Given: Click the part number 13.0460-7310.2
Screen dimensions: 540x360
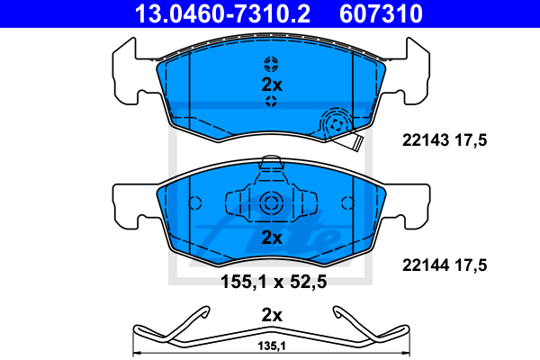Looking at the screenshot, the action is click(222, 13).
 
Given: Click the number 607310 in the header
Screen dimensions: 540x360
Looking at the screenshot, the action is click(381, 13).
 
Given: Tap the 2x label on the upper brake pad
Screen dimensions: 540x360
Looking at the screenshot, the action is click(272, 85).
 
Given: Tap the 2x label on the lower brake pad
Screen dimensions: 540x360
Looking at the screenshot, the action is click(272, 238).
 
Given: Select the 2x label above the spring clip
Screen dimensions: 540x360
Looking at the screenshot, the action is click(272, 315).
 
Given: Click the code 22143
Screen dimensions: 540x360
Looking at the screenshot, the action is click(426, 140).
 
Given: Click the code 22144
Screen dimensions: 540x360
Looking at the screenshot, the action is click(426, 265).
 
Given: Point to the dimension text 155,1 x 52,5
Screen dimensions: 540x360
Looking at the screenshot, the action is click(274, 282).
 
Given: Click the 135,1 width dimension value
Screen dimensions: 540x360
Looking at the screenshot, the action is click(272, 346).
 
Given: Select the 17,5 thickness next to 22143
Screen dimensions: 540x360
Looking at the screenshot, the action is click(471, 140).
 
